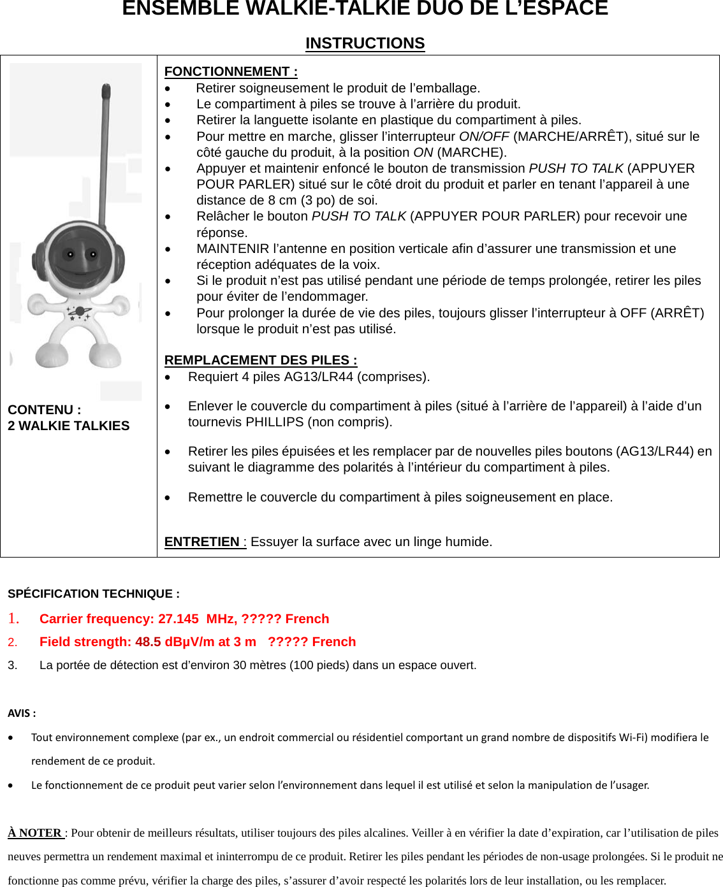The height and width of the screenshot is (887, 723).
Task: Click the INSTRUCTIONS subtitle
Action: click(365, 43)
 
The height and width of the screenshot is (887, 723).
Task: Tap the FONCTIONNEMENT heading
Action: click(230, 71)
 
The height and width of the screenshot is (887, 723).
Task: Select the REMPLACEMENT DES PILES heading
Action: click(260, 360)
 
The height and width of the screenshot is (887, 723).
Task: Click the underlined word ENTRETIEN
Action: click(202, 542)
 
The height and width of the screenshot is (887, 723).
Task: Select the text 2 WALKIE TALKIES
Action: click(68, 426)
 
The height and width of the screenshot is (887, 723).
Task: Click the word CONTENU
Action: click(40, 410)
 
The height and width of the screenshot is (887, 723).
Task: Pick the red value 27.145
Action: click(179, 619)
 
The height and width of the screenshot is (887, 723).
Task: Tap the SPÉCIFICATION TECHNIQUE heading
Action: click(93, 594)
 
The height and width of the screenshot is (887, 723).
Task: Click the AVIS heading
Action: click(21, 713)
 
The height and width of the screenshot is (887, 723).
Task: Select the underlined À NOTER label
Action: click(35, 833)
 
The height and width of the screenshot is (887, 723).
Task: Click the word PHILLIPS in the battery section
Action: click(274, 422)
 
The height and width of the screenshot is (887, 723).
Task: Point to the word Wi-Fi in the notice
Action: click(632, 737)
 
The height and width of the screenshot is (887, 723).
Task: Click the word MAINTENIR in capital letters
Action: click(233, 249)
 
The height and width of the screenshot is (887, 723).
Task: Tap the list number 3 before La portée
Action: click(12, 665)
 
